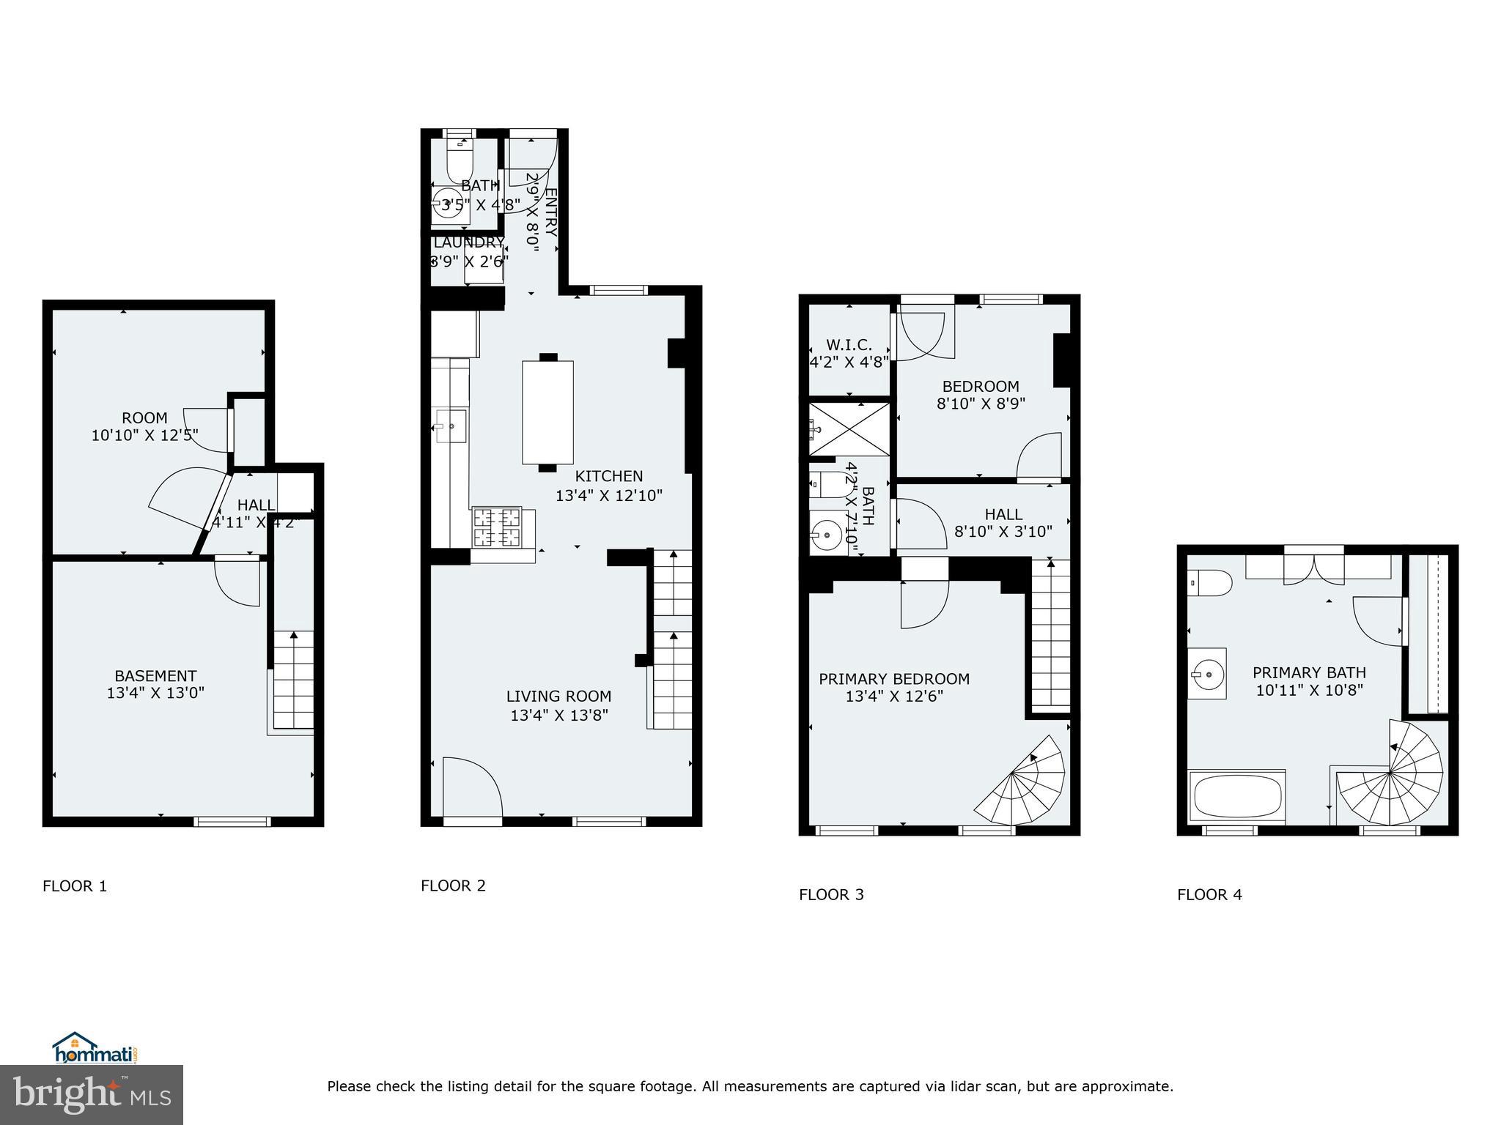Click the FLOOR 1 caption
coord(75,886)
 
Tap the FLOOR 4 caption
coord(1209,894)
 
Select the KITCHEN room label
coord(608,476)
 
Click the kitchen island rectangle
coord(547,412)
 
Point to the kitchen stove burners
coord(497,527)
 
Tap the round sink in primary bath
coord(1206,673)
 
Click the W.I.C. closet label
coord(849,345)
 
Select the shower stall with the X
coord(849,428)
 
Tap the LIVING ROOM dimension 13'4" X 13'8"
coord(559,715)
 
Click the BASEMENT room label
coord(155,675)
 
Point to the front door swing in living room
coord(471,788)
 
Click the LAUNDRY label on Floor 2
coord(469,242)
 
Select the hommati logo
coord(95,1048)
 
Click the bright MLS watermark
coord(92,1095)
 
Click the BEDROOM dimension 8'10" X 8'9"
coord(981,403)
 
